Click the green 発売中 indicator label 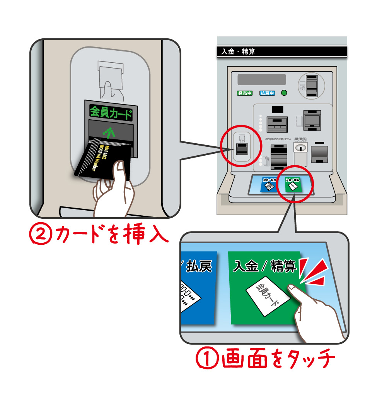click(245, 93)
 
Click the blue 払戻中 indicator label click(267, 93)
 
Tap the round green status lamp click(284, 93)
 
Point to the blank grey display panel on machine click(261, 79)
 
